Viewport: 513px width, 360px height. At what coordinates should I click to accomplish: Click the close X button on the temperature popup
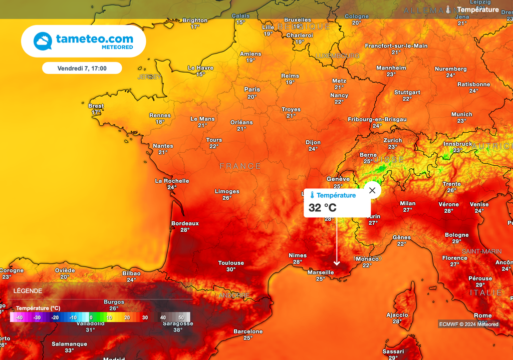click(x=372, y=190)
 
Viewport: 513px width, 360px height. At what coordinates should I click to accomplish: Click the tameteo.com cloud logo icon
click(x=43, y=41)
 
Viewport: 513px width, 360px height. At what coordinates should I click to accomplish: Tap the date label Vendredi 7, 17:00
click(x=82, y=68)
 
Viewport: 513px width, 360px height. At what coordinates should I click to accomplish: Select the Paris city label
click(x=252, y=90)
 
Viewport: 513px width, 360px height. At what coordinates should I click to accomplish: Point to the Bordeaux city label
click(x=185, y=223)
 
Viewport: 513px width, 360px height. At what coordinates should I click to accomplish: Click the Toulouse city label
click(x=231, y=263)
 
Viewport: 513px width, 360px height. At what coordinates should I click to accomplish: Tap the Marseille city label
click(x=321, y=272)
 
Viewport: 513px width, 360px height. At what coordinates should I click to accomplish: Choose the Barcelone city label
click(x=248, y=331)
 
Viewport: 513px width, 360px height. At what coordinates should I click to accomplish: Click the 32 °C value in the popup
click(x=323, y=208)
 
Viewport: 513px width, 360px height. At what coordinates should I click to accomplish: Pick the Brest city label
click(x=96, y=106)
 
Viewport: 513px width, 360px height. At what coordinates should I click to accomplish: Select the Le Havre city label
click(x=200, y=68)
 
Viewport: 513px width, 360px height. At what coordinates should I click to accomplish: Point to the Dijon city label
click(x=313, y=142)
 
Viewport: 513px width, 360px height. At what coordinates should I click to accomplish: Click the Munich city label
click(x=461, y=114)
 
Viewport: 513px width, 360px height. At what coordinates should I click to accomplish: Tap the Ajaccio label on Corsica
click(x=397, y=315)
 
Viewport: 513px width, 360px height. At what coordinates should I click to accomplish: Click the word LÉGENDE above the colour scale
click(x=28, y=291)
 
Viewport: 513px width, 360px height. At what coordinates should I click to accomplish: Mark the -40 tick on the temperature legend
click(x=19, y=317)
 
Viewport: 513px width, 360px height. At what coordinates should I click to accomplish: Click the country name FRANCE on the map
click(x=240, y=166)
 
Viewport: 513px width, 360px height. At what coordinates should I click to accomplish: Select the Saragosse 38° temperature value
click(x=177, y=330)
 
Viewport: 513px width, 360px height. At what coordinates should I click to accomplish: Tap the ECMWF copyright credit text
click(x=469, y=324)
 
